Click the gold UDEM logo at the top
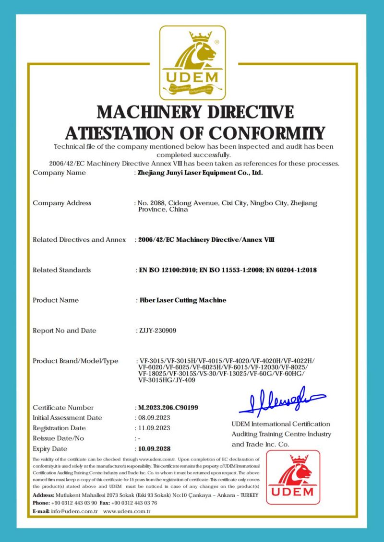click(x=192, y=62)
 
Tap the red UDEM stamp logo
click(x=293, y=477)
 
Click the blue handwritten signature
click(x=282, y=401)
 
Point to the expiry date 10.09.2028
click(x=154, y=449)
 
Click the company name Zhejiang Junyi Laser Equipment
click(x=200, y=173)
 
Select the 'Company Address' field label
click(x=62, y=203)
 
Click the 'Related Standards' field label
click(x=61, y=270)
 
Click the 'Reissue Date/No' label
click(x=59, y=438)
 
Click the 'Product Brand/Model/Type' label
click(x=75, y=361)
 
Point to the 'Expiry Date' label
click(x=50, y=449)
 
